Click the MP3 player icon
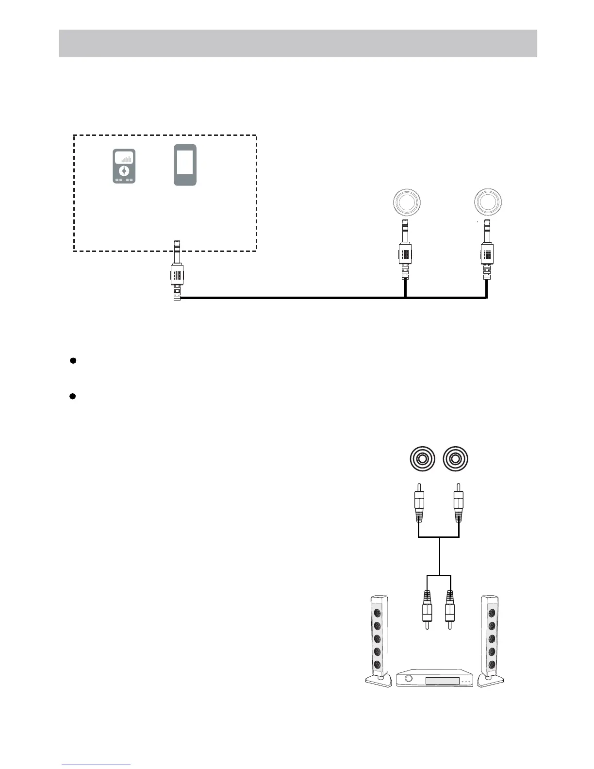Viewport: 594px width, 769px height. (x=124, y=167)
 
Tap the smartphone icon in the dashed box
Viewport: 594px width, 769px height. (x=185, y=165)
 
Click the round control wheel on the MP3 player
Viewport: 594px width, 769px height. (x=124, y=171)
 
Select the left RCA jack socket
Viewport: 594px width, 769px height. (x=419, y=459)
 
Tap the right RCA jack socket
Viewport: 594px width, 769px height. (x=456, y=459)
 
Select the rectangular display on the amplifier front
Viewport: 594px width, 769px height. (x=442, y=681)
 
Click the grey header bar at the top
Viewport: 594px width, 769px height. (x=298, y=43)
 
